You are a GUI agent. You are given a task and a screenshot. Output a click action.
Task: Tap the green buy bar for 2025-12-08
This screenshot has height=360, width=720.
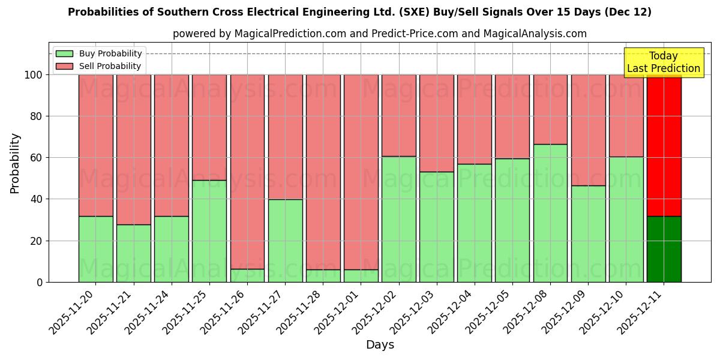click(550, 213)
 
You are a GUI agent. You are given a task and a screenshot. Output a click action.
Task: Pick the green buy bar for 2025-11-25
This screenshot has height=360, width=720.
click(209, 231)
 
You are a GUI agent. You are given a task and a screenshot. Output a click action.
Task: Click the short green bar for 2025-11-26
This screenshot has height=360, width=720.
click(247, 275)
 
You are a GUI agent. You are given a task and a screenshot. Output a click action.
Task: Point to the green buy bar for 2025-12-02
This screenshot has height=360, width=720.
click(398, 219)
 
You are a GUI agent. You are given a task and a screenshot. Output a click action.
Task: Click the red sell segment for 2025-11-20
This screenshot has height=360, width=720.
click(96, 145)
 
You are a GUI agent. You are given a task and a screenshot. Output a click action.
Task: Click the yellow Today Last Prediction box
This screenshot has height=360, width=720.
click(664, 62)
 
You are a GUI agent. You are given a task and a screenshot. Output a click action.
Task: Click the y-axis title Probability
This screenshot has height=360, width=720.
click(15, 163)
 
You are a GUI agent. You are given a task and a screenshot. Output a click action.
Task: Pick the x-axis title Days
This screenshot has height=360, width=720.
click(380, 345)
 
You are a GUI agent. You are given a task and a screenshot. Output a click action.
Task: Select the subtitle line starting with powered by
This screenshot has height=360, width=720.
click(380, 34)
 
